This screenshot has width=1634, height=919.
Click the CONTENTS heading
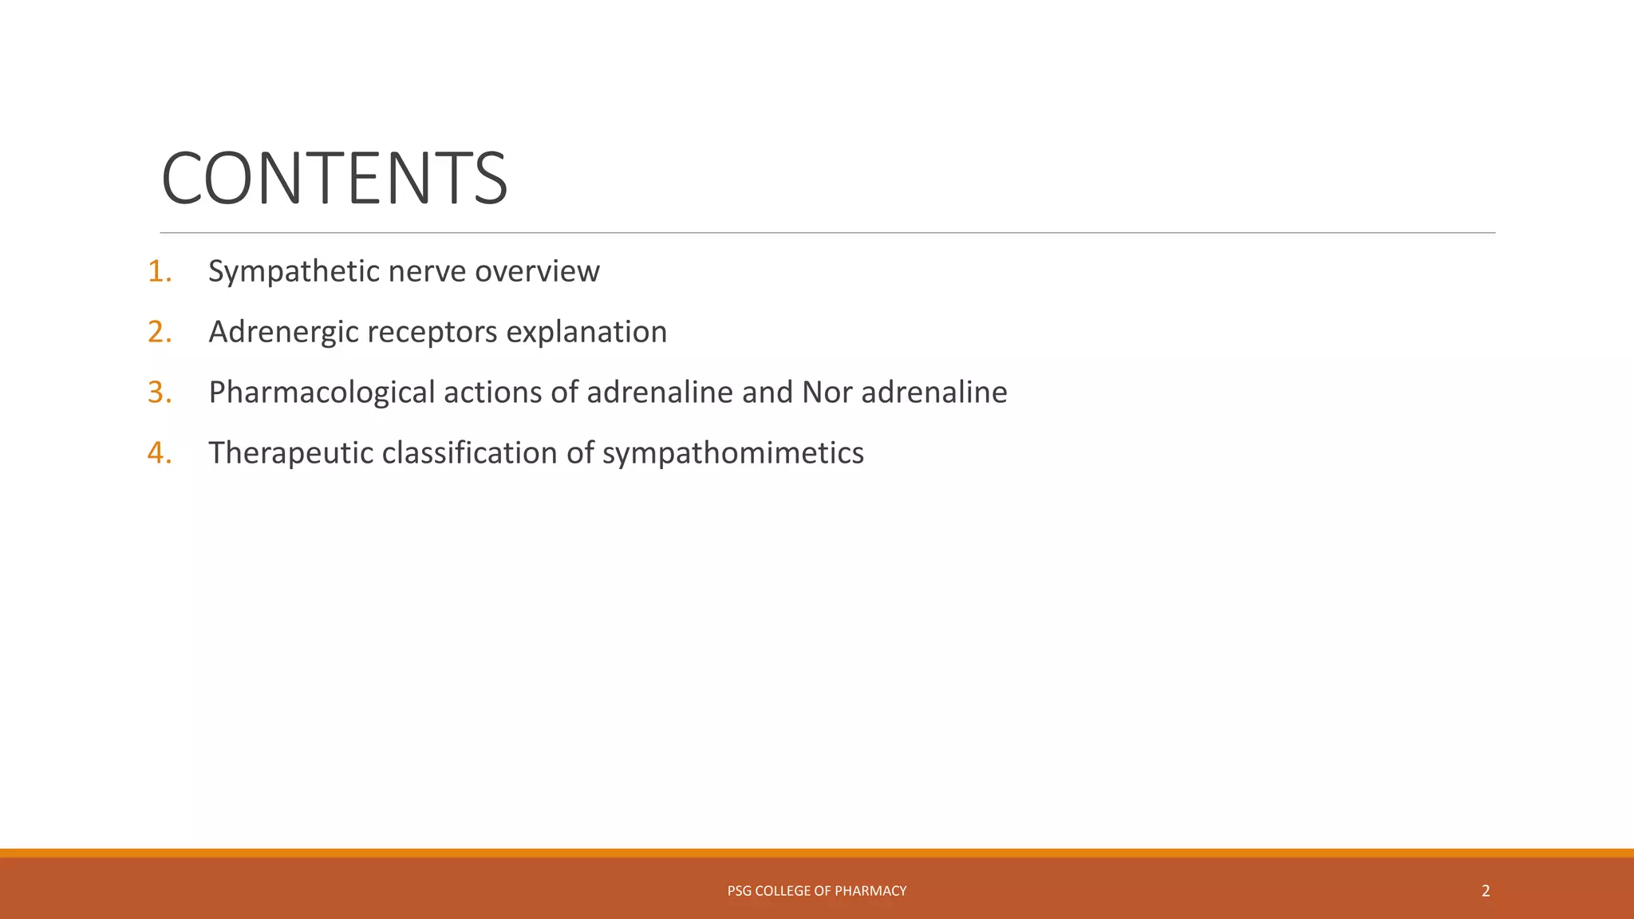click(334, 178)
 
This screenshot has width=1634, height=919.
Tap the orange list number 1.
click(158, 271)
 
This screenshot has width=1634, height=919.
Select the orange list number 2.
click(158, 332)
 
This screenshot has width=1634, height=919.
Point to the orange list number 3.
click(158, 392)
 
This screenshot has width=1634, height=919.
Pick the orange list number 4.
click(158, 453)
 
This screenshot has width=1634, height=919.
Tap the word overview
click(537, 272)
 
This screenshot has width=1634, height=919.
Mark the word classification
click(469, 453)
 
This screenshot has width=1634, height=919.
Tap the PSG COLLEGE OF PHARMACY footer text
click(816, 891)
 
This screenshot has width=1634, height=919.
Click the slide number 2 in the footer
click(1485, 891)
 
